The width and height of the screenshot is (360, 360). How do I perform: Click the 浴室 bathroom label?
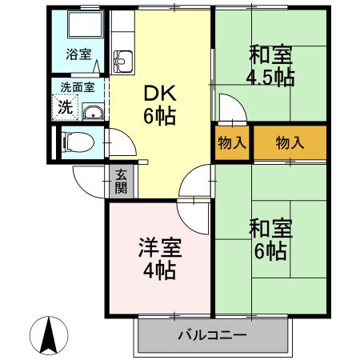(x=78, y=55)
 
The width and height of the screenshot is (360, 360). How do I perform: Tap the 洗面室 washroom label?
(x=78, y=86)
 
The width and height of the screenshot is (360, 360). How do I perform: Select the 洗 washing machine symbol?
(x=63, y=105)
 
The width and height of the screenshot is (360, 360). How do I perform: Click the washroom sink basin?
(x=92, y=112)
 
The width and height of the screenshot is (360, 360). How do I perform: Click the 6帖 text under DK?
(x=159, y=116)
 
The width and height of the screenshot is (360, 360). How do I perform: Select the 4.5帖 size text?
(x=271, y=77)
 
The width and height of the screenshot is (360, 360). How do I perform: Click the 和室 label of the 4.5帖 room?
(x=271, y=55)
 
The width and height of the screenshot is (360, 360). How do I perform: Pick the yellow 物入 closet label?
(x=232, y=143)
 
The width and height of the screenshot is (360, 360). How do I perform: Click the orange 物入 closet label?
(x=290, y=143)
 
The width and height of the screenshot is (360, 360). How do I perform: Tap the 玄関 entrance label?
(x=121, y=182)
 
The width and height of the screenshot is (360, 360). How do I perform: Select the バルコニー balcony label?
(x=212, y=336)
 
